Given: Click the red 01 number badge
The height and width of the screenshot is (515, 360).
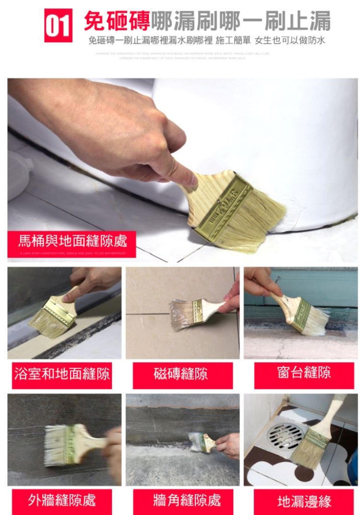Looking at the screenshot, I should (58, 25).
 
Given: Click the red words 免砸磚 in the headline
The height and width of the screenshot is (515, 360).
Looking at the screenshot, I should (117, 20).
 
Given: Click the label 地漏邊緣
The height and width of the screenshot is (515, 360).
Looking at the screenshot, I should (304, 502).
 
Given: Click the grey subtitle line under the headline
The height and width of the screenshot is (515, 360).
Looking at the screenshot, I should (206, 40).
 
